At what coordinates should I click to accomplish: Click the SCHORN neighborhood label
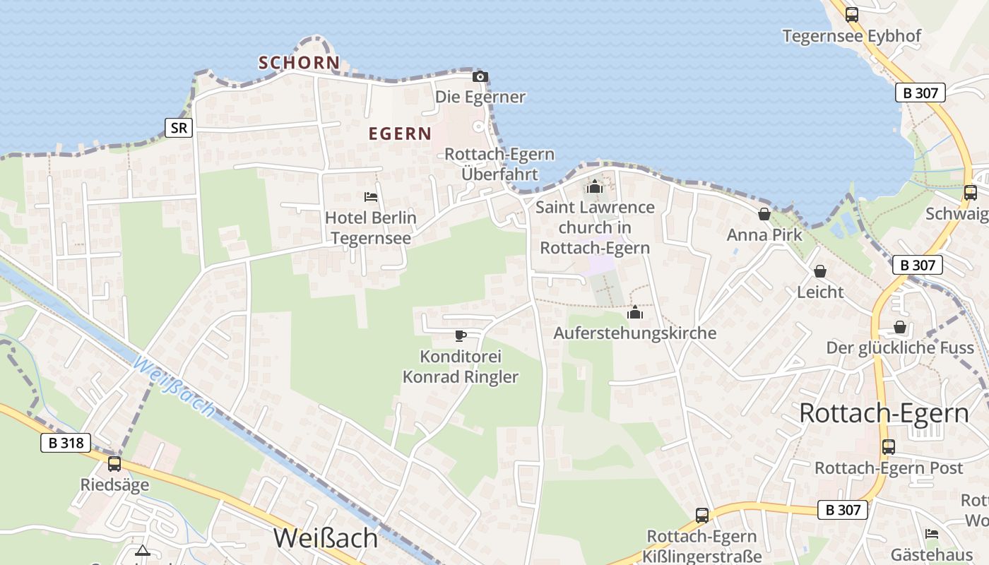pyautogui.click(x=299, y=63)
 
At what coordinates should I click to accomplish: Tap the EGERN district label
pyautogui.click(x=400, y=133)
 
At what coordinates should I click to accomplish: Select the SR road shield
pyautogui.click(x=179, y=128)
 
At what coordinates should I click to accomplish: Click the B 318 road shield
pyautogui.click(x=66, y=444)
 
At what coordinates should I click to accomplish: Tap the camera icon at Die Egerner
pyautogui.click(x=480, y=77)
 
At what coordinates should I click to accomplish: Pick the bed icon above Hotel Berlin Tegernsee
pyautogui.click(x=371, y=197)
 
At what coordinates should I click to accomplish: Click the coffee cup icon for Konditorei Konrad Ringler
pyautogui.click(x=461, y=335)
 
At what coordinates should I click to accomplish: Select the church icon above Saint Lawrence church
pyautogui.click(x=595, y=186)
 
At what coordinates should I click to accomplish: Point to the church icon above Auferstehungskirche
pyautogui.click(x=634, y=312)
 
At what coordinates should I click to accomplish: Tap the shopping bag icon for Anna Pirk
pyautogui.click(x=764, y=214)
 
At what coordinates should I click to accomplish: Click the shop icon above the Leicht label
pyautogui.click(x=820, y=271)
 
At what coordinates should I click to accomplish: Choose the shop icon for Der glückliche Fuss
pyautogui.click(x=899, y=327)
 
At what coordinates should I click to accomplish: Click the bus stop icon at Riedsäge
pyautogui.click(x=114, y=464)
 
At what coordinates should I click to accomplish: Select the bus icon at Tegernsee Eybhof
pyautogui.click(x=852, y=15)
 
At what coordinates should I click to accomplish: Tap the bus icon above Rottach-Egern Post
pyautogui.click(x=888, y=446)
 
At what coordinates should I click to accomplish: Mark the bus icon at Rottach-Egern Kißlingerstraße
pyautogui.click(x=701, y=516)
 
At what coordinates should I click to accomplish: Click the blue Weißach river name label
pyautogui.click(x=172, y=386)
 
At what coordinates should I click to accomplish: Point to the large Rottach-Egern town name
pyautogui.click(x=884, y=413)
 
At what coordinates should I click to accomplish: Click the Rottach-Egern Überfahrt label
pyautogui.click(x=499, y=164)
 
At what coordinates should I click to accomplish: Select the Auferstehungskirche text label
pyautogui.click(x=634, y=333)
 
